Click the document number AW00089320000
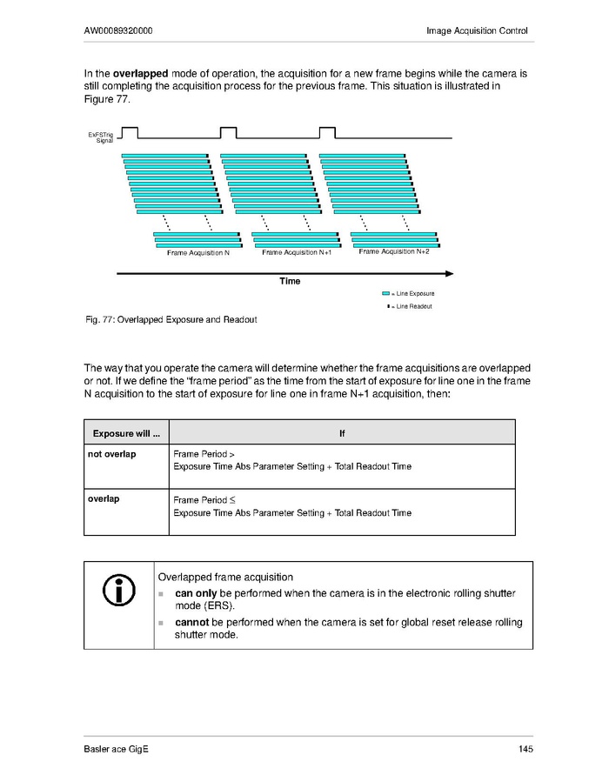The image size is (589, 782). tap(119, 31)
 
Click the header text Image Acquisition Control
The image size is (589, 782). tap(477, 31)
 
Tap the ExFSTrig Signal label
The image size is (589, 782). tap(101, 137)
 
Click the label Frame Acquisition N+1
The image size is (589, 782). tap(297, 252)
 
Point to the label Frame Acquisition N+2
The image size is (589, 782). tap(394, 251)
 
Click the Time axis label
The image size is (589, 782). tap(290, 281)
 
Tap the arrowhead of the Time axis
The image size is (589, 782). tap(449, 273)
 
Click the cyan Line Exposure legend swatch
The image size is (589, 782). tap(385, 294)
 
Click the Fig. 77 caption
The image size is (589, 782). tap(171, 319)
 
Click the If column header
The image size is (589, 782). tap(342, 432)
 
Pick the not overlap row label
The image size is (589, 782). tap(111, 454)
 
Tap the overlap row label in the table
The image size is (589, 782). tap(104, 500)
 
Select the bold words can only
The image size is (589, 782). tap(196, 593)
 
